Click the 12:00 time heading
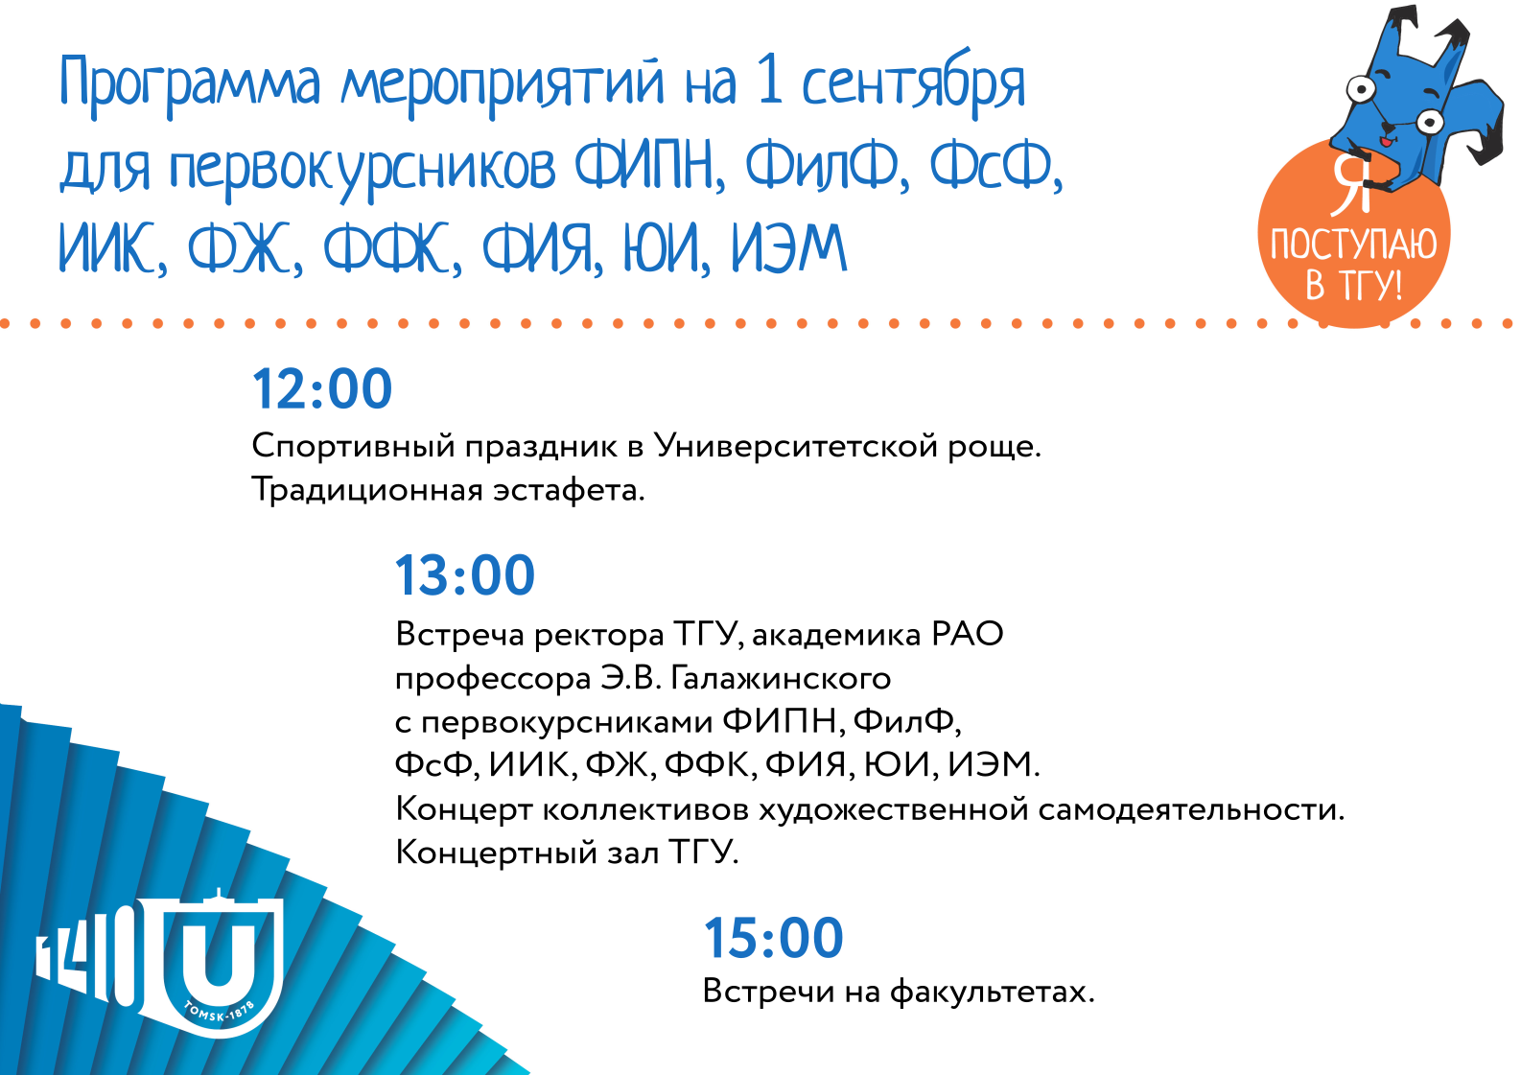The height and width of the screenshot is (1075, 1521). tap(322, 389)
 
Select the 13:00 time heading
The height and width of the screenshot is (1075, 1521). tap(465, 576)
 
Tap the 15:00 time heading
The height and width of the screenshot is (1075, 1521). tap(773, 939)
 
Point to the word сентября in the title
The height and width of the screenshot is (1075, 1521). tap(913, 85)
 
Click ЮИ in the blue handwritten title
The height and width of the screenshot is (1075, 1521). tap(662, 247)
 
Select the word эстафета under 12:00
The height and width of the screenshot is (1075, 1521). tap(569, 490)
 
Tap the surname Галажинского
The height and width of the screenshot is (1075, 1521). tap(781, 678)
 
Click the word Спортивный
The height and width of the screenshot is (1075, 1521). tap(353, 447)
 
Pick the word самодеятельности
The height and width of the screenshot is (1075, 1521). tap(1191, 810)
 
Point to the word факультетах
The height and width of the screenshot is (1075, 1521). tap(992, 993)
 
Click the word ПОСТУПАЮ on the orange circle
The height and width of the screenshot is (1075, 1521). tap(1353, 245)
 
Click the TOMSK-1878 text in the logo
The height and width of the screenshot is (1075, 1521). tap(218, 1014)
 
